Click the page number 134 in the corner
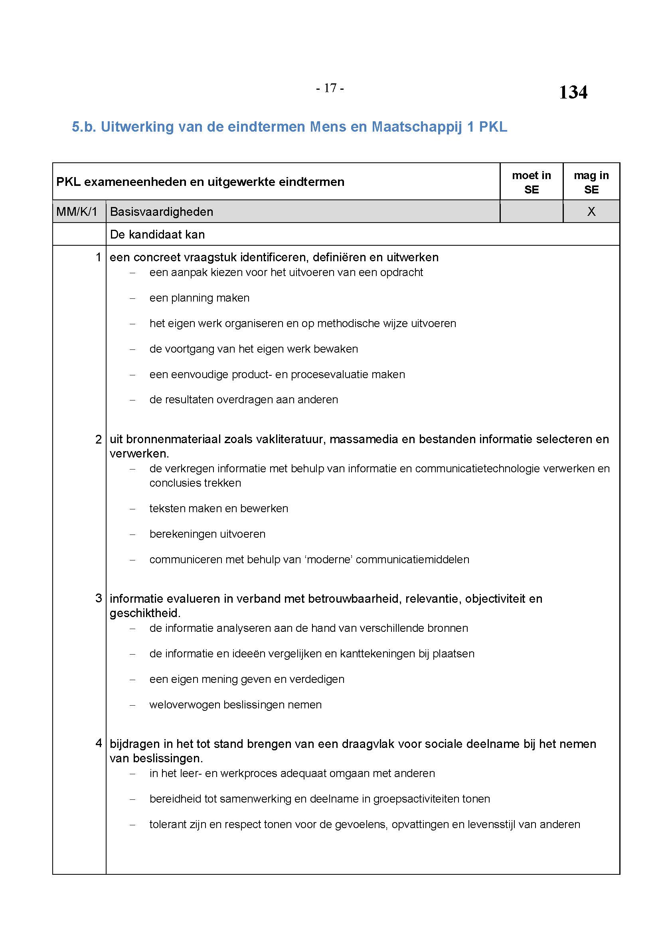(x=573, y=92)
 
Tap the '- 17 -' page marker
(x=330, y=88)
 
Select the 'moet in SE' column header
(x=531, y=182)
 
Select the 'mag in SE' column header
(x=591, y=182)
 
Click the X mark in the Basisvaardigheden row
(x=591, y=211)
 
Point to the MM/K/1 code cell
(x=77, y=211)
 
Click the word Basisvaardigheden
(x=161, y=211)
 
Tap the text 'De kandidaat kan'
(x=157, y=235)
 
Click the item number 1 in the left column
(x=98, y=257)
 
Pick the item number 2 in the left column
(x=98, y=439)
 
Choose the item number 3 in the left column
(x=98, y=598)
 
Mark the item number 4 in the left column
(x=98, y=743)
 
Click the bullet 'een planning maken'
(x=199, y=298)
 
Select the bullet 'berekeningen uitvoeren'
(x=207, y=534)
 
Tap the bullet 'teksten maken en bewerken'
(x=219, y=508)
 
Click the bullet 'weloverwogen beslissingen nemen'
(x=235, y=704)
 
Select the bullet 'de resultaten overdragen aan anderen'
(x=243, y=400)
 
